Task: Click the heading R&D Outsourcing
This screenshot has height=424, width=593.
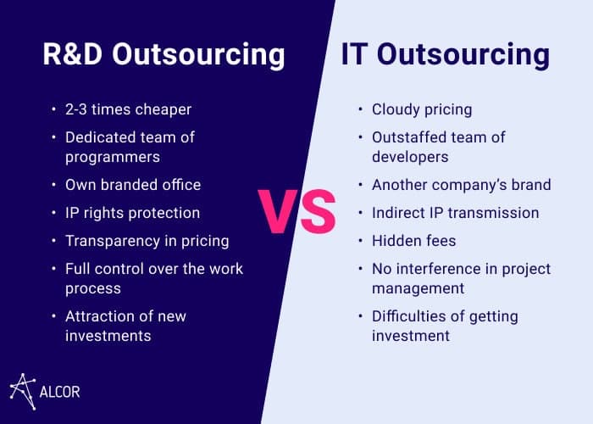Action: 163,55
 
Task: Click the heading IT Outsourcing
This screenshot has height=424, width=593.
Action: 446,55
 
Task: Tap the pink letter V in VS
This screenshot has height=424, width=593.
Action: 278,211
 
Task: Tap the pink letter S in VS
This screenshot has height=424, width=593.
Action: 318,211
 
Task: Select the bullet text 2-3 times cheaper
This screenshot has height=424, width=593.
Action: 128,109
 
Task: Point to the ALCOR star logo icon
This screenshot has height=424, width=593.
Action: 23,392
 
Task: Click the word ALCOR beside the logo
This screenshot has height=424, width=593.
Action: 60,392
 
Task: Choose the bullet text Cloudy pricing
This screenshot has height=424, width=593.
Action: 422,109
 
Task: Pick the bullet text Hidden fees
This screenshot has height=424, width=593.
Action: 413,241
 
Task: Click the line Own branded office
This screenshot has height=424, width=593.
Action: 133,185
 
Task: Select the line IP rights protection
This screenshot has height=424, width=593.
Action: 132,213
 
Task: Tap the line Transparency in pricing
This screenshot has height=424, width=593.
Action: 147,241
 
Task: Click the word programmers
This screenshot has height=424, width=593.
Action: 113,158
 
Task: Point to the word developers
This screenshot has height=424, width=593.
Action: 410,157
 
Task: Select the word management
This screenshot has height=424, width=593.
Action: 418,289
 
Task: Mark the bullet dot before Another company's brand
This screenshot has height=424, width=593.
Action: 360,185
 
